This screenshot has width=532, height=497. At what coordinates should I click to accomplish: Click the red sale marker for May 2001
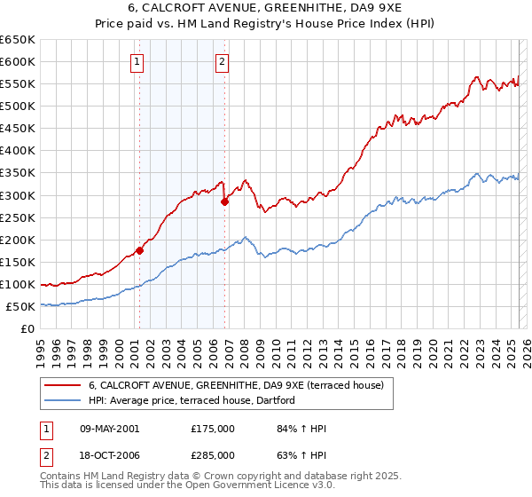pos(139,250)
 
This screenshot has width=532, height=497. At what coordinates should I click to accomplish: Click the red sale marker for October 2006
pos(225,201)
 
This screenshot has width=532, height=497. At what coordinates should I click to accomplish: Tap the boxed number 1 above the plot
pos(138,62)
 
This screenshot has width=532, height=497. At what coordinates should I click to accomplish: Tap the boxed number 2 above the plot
pos(222,62)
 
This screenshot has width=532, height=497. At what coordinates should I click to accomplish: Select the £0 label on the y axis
pos(27,329)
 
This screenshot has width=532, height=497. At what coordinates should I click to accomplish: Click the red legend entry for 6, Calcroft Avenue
pos(235,385)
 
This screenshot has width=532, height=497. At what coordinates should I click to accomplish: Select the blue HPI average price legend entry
pos(196,401)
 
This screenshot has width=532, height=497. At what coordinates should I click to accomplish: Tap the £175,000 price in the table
pos(213,429)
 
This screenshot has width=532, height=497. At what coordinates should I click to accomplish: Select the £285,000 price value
pos(213,455)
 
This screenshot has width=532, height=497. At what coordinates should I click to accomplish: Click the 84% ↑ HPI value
pos(302,429)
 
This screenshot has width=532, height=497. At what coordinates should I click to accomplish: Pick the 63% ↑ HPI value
pos(302,455)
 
